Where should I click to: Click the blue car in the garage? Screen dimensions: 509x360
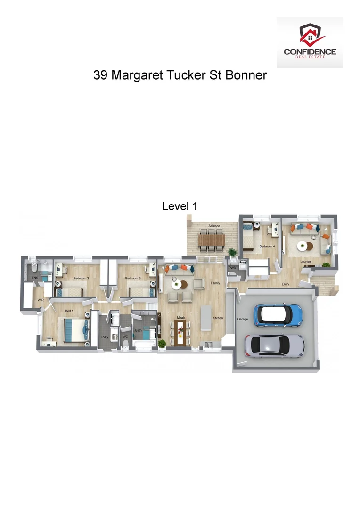[x=278, y=314]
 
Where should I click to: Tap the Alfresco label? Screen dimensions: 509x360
[x=214, y=226]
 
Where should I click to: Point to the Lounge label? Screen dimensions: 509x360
[x=306, y=261]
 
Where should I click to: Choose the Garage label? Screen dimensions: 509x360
[x=243, y=319]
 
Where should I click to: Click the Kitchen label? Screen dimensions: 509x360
[x=217, y=318]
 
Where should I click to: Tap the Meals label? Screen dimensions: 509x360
[x=180, y=318]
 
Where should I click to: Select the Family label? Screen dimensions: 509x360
[x=215, y=283]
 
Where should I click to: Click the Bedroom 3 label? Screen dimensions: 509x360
[x=133, y=279]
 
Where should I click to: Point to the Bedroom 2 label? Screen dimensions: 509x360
[x=81, y=279]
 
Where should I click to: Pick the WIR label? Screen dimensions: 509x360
[x=34, y=300]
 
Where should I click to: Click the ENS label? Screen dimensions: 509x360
[x=34, y=278]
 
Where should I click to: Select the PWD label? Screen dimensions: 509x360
[x=232, y=268]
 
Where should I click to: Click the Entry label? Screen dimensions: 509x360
[x=286, y=284]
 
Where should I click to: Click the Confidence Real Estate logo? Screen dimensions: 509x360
[x=310, y=42]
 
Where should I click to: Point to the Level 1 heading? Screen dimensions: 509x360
[x=179, y=206]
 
